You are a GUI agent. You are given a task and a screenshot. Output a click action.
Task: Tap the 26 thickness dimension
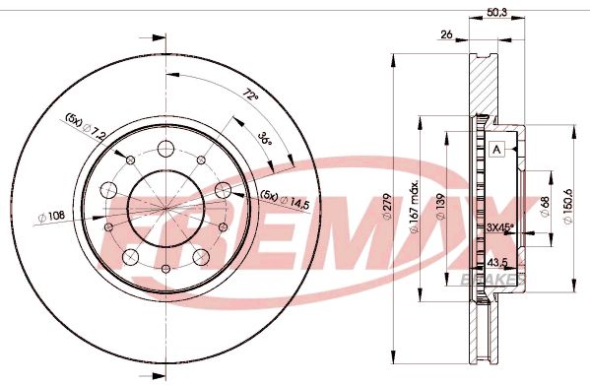click(447, 35)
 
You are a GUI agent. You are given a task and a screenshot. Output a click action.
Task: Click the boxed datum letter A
click(497, 149)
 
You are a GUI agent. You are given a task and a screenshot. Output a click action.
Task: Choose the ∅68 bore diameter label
click(545, 206)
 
